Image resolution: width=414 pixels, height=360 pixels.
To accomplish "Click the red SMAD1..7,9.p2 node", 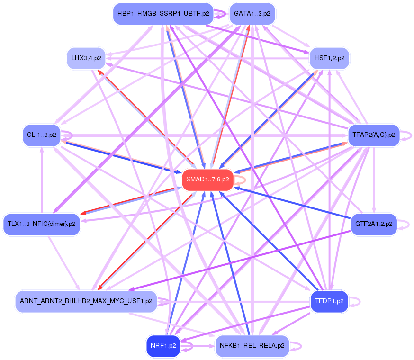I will (x=207, y=180).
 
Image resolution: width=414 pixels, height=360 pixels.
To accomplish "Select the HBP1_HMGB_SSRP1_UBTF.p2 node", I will (x=163, y=14).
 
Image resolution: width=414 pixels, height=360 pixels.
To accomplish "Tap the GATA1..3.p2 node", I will (x=252, y=14).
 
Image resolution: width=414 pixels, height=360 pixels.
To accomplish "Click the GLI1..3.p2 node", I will (x=41, y=135).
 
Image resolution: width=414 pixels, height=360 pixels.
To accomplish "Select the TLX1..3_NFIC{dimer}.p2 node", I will (x=42, y=224).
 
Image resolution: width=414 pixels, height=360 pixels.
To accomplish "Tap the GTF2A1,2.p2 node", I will (x=374, y=224).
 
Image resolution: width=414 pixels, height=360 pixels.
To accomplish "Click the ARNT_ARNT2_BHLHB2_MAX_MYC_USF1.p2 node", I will (x=86, y=301).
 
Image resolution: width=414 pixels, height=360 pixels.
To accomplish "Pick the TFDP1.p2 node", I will (x=329, y=301).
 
